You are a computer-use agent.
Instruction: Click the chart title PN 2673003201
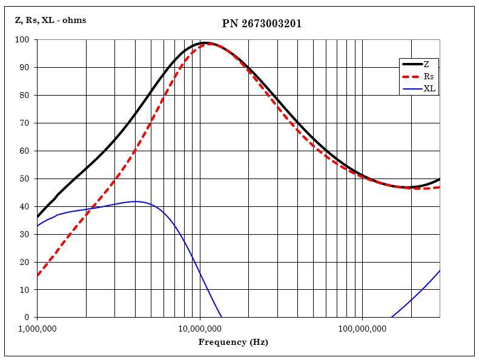click(262, 24)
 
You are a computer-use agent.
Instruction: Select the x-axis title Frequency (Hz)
click(233, 342)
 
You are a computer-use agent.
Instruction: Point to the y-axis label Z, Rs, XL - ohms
click(50, 20)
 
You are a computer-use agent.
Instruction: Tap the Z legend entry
click(426, 64)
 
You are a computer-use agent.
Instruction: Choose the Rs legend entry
click(428, 77)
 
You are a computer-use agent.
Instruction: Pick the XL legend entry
click(429, 89)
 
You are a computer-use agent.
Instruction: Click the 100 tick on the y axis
click(22, 40)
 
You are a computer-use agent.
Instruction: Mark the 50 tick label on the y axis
click(24, 178)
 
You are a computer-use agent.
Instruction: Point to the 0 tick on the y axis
click(27, 317)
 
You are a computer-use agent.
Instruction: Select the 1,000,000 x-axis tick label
click(38, 329)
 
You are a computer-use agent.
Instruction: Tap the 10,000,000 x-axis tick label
click(200, 329)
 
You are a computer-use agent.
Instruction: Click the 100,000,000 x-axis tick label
click(362, 329)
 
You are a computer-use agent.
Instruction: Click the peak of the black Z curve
click(205, 43)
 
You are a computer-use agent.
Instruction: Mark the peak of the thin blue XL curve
click(136, 201)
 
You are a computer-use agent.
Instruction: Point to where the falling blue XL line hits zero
click(222, 317)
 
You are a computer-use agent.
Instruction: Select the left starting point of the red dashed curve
click(38, 276)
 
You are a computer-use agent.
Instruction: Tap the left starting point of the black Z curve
click(38, 217)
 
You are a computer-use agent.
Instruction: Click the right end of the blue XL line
click(440, 270)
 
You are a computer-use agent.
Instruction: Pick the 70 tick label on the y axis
click(24, 123)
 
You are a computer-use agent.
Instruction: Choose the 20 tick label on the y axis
click(24, 262)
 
